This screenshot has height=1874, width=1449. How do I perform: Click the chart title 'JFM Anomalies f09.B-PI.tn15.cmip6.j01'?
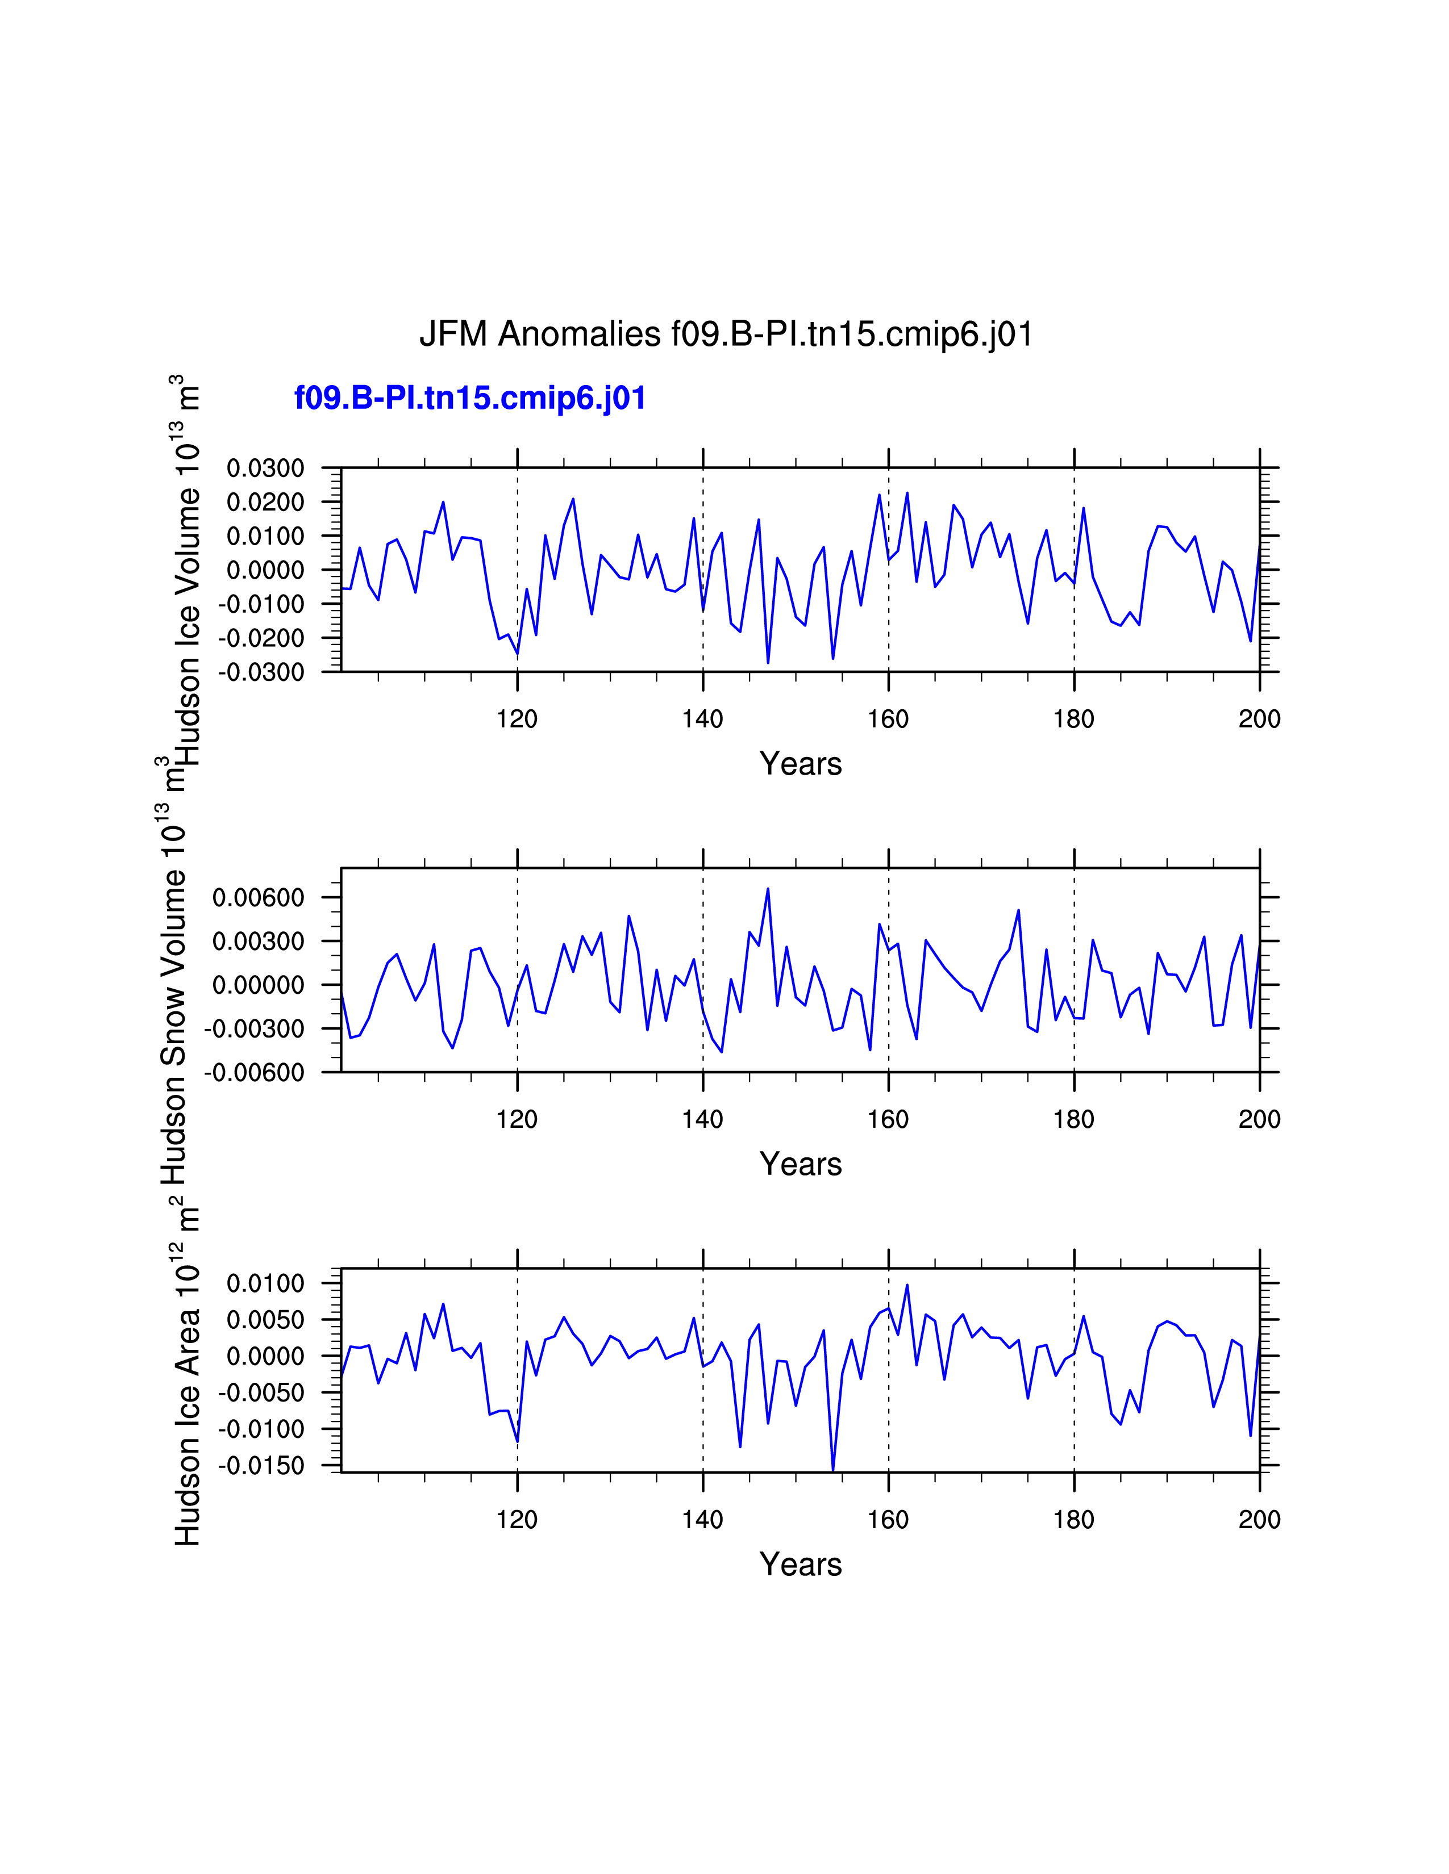click(726, 334)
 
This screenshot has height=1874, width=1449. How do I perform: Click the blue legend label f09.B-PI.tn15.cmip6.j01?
click(469, 398)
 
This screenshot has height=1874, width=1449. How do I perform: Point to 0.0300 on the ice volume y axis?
click(265, 468)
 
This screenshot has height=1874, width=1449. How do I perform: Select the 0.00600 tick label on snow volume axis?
click(259, 897)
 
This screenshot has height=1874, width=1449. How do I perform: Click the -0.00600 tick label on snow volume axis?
click(254, 1073)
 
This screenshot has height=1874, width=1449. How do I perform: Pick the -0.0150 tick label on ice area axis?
click(261, 1466)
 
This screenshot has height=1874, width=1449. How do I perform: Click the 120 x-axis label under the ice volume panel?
click(517, 719)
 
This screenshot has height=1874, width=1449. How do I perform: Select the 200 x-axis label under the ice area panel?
click(1259, 1520)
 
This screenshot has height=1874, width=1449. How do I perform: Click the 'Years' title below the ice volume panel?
click(800, 764)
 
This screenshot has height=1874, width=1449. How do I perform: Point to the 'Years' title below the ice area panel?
click(800, 1565)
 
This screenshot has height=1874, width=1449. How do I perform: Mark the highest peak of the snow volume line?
click(768, 888)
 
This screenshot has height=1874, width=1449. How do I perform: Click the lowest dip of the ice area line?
click(832, 1471)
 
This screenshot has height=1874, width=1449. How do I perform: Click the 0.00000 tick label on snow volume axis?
click(259, 985)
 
